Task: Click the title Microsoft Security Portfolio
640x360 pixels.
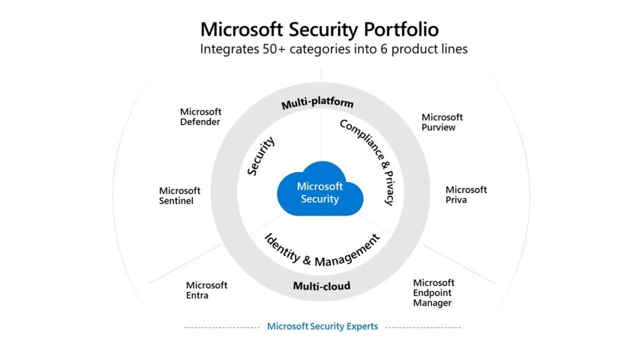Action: tap(320, 29)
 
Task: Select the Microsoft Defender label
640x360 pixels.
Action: tap(200, 116)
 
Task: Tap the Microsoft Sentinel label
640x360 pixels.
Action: tap(180, 196)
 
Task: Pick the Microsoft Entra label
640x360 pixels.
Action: tap(206, 290)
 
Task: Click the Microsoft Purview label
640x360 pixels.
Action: tap(442, 122)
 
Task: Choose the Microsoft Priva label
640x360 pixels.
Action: tap(466, 194)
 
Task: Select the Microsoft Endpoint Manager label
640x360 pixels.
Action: tap(433, 293)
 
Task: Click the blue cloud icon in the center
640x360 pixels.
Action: tap(320, 190)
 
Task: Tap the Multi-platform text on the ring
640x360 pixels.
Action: tap(317, 103)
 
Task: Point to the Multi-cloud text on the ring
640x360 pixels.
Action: tap(321, 286)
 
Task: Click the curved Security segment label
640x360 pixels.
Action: tap(261, 157)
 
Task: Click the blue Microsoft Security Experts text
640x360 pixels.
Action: tap(322, 326)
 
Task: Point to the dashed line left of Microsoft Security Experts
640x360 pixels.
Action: tap(222, 327)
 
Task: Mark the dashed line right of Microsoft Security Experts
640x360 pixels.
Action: tap(423, 327)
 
